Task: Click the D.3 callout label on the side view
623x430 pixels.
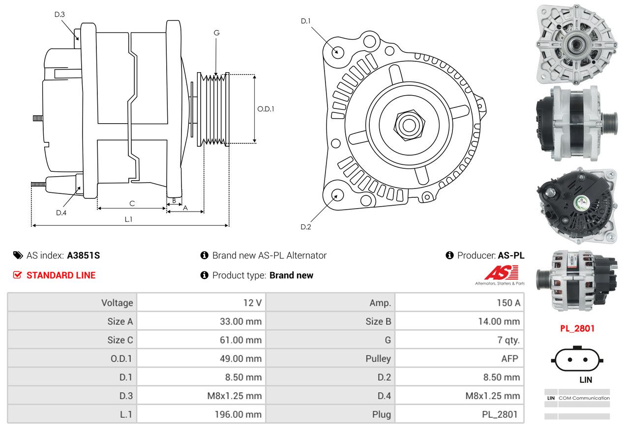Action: (59, 14)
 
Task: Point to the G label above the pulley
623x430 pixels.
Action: (216, 33)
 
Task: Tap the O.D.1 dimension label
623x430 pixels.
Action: (266, 109)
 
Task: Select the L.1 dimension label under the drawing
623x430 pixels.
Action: (128, 219)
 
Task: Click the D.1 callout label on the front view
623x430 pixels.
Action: (306, 21)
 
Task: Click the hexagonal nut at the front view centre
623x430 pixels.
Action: (409, 125)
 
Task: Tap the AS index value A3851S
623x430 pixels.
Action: (84, 255)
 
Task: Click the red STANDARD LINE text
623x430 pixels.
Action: (61, 275)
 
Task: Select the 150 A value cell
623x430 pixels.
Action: (508, 302)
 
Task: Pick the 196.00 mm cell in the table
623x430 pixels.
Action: (238, 414)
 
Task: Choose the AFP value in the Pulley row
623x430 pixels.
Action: (509, 359)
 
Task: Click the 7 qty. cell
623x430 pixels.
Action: (508, 340)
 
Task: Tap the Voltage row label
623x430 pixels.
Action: (117, 303)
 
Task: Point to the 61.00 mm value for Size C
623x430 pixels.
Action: (240, 340)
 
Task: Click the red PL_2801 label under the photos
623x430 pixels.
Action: (577, 329)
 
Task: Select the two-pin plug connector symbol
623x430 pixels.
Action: (577, 360)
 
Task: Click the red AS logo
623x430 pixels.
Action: (501, 272)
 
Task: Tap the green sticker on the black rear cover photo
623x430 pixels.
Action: (582, 202)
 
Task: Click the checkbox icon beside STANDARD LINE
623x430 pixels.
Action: (17, 275)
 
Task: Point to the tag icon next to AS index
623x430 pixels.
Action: (18, 255)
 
